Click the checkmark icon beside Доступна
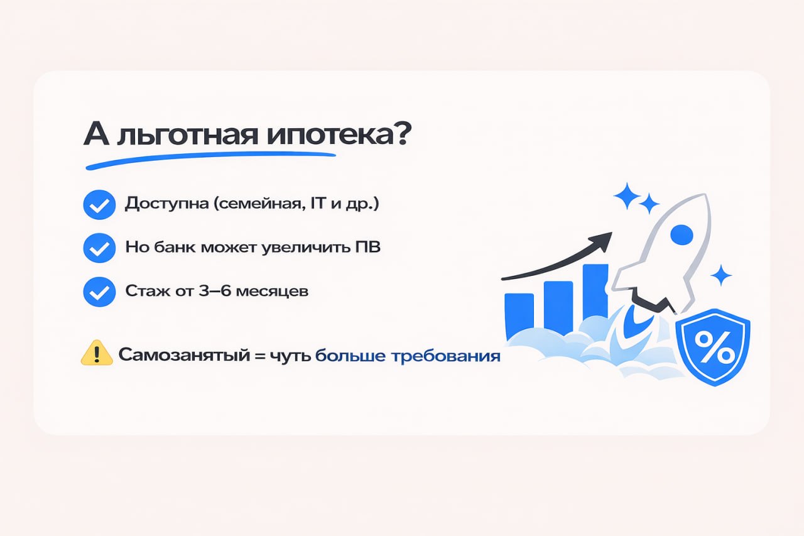(x=99, y=205)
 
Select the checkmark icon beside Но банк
(x=99, y=248)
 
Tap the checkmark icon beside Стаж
(x=99, y=292)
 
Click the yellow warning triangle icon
(x=97, y=354)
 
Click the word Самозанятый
(x=175, y=356)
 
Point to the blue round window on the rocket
(x=682, y=235)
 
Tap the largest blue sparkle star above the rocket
(x=627, y=195)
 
